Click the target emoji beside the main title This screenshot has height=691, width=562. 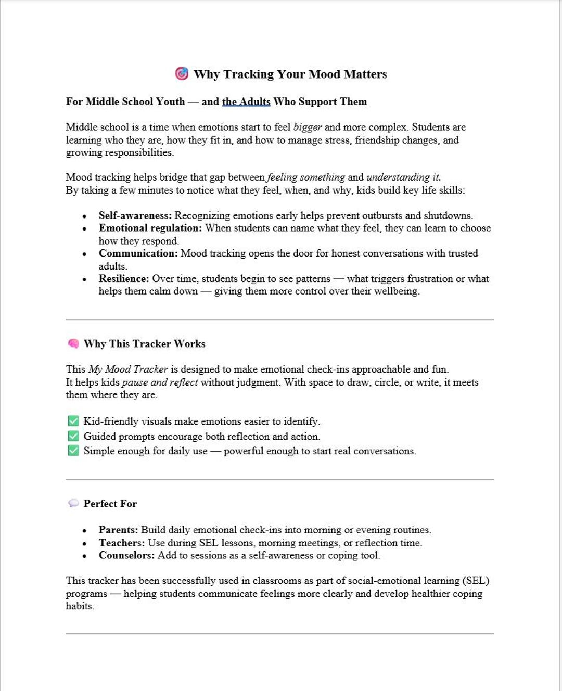click(181, 74)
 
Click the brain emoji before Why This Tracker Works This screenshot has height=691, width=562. click(73, 344)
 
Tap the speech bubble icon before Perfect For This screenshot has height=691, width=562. click(73, 504)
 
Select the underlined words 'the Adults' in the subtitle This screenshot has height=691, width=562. click(246, 101)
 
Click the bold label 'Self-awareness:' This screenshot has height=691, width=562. click(135, 215)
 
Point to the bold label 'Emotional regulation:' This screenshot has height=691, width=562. click(150, 228)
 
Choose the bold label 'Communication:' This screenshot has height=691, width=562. click(138, 253)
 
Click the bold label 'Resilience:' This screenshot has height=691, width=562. click(124, 279)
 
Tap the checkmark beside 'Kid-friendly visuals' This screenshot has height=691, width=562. click(73, 421)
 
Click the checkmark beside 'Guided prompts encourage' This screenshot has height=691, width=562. click(73, 436)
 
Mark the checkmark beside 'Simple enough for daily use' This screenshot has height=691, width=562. click(73, 451)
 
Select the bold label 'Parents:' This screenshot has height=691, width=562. click(118, 530)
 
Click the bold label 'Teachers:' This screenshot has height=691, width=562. click(122, 543)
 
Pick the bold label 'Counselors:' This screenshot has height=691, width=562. click(126, 555)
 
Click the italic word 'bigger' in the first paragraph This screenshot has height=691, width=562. click(308, 127)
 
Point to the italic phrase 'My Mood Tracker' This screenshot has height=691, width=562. click(128, 369)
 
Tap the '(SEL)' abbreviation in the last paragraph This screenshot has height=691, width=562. click(476, 581)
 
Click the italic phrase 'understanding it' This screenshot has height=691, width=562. click(403, 177)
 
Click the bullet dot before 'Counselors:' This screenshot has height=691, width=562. click(84, 556)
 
